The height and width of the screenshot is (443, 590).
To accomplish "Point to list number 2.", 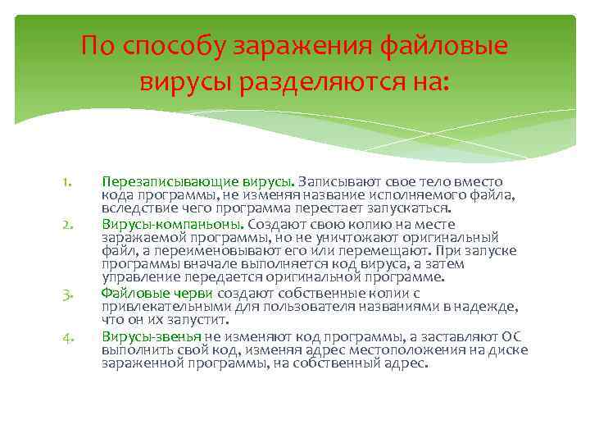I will coord(70,223).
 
